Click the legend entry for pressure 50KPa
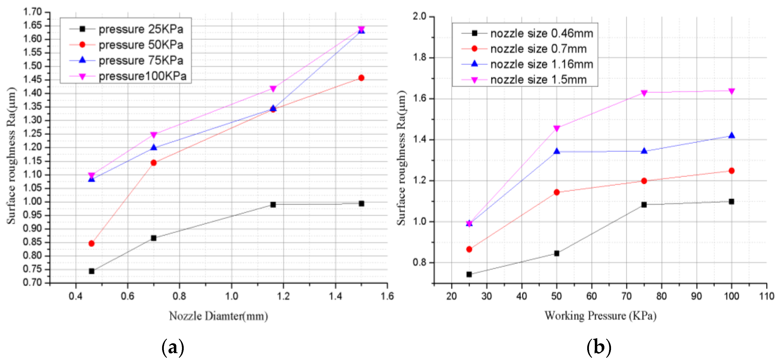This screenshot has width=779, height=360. (141, 45)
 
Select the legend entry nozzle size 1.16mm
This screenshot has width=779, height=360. (541, 64)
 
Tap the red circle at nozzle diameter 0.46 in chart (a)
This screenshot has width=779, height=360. (91, 243)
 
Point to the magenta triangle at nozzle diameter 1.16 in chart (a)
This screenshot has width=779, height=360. (273, 89)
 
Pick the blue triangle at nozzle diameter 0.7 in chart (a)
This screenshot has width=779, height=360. (154, 148)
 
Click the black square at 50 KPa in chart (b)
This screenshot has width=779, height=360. (556, 253)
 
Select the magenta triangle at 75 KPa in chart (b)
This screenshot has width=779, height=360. (644, 93)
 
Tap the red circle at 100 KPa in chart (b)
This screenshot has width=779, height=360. (731, 171)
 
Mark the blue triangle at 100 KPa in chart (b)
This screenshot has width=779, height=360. (731, 135)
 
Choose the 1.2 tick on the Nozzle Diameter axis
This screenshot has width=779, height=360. (283, 296)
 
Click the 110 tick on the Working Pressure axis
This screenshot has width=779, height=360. (766, 296)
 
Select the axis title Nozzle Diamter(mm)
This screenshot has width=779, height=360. (218, 316)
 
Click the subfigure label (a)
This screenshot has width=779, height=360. (173, 348)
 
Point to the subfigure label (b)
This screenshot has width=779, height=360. (598, 348)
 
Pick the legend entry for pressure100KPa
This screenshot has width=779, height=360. (142, 76)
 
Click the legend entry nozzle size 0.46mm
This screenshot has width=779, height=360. (541, 33)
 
